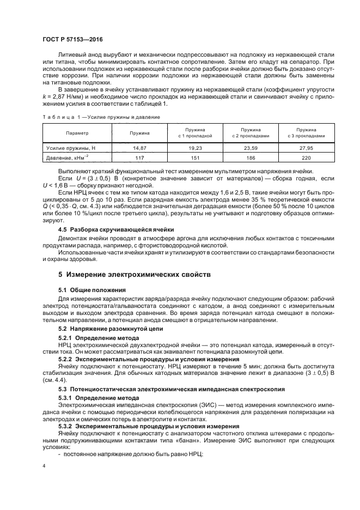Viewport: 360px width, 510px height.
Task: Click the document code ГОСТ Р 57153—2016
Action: [x=72, y=41]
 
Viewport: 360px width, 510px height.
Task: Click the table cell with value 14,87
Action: [x=140, y=148]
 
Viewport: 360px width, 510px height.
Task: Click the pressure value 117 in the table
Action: [x=140, y=157]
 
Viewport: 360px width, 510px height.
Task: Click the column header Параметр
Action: [x=77, y=133]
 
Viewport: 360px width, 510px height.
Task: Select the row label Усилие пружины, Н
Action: [x=71, y=148]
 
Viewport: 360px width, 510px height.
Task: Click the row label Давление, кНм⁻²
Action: [x=68, y=157]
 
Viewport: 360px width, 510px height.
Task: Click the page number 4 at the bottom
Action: [x=45, y=466]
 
